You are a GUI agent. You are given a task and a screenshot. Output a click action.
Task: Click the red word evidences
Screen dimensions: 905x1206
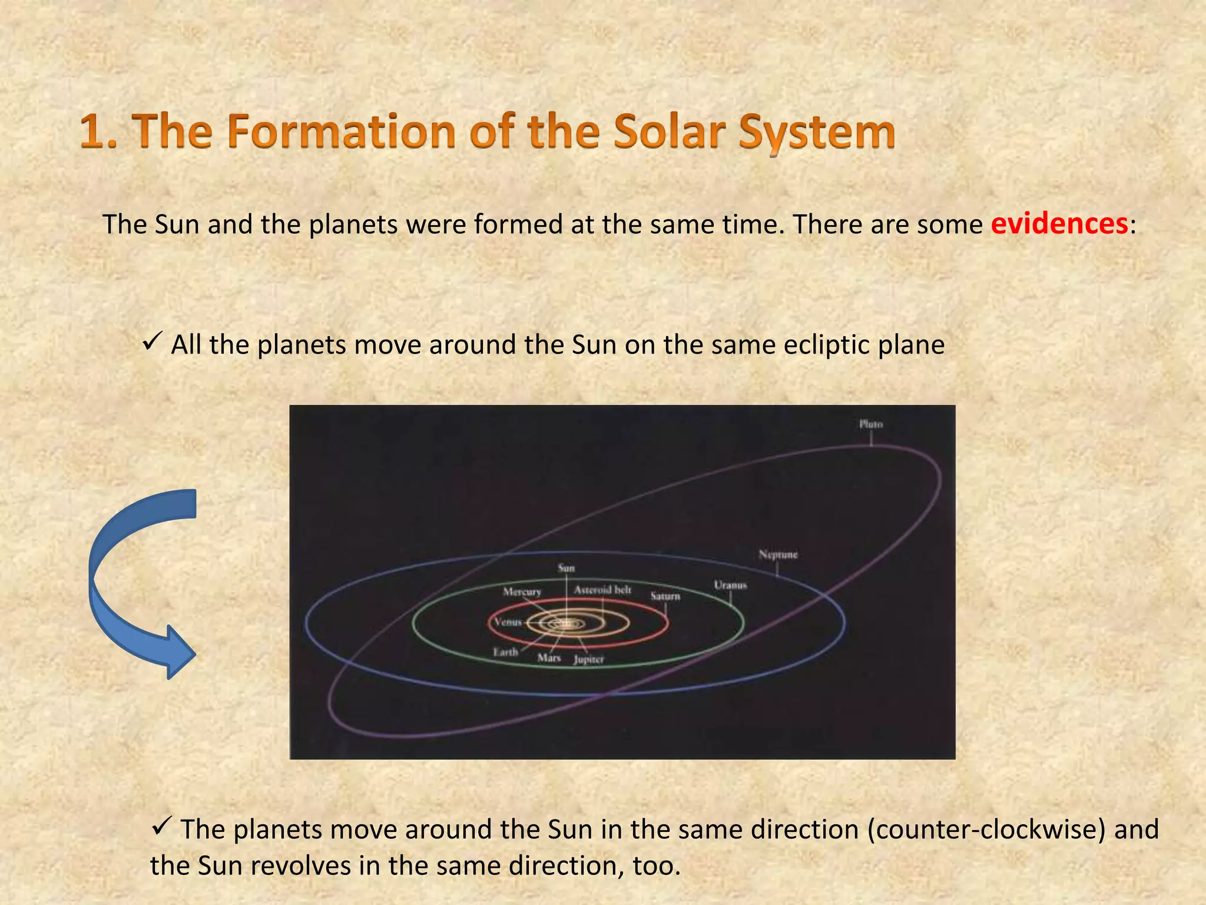tap(1059, 224)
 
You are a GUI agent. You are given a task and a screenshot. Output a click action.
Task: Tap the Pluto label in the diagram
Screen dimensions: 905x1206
tap(870, 424)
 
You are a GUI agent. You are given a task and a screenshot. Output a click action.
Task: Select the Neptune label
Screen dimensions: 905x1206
tap(778, 554)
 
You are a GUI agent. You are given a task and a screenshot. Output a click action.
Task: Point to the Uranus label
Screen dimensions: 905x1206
tap(730, 585)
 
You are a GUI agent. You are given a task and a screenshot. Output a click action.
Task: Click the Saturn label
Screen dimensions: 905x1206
tap(665, 596)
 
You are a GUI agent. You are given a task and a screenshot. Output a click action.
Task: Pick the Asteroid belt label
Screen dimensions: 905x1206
tap(602, 590)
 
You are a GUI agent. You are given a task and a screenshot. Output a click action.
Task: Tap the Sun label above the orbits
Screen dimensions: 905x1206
tap(566, 568)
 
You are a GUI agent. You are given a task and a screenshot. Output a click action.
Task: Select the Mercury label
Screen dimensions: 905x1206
tap(522, 592)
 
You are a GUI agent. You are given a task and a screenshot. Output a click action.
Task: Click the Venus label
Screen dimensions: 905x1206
tap(508, 622)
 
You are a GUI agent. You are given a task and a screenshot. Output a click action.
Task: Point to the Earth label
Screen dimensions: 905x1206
tap(505, 652)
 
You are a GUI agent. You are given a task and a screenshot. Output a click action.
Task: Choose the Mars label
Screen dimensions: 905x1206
tap(549, 658)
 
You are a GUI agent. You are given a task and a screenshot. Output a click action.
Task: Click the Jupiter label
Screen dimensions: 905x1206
tap(589, 659)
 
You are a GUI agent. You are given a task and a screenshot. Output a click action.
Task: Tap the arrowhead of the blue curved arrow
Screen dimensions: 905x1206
tap(179, 653)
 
